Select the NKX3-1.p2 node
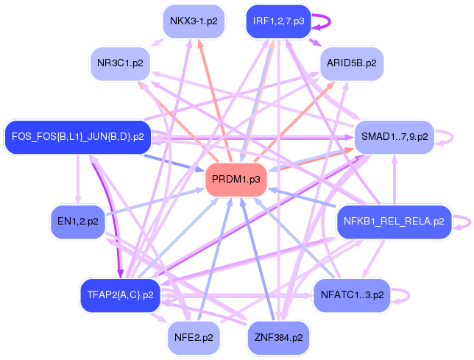click(x=193, y=21)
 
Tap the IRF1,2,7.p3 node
click(x=277, y=21)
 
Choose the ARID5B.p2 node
click(x=352, y=63)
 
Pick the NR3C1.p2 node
click(x=118, y=63)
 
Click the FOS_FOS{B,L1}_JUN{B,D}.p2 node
click(x=77, y=136)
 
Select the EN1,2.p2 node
click(x=77, y=221)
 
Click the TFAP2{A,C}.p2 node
click(x=119, y=294)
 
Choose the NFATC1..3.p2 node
click(x=353, y=294)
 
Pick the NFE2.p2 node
click(x=194, y=337)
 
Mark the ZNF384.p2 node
click(x=279, y=337)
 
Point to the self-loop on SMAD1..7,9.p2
click(x=450, y=137)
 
